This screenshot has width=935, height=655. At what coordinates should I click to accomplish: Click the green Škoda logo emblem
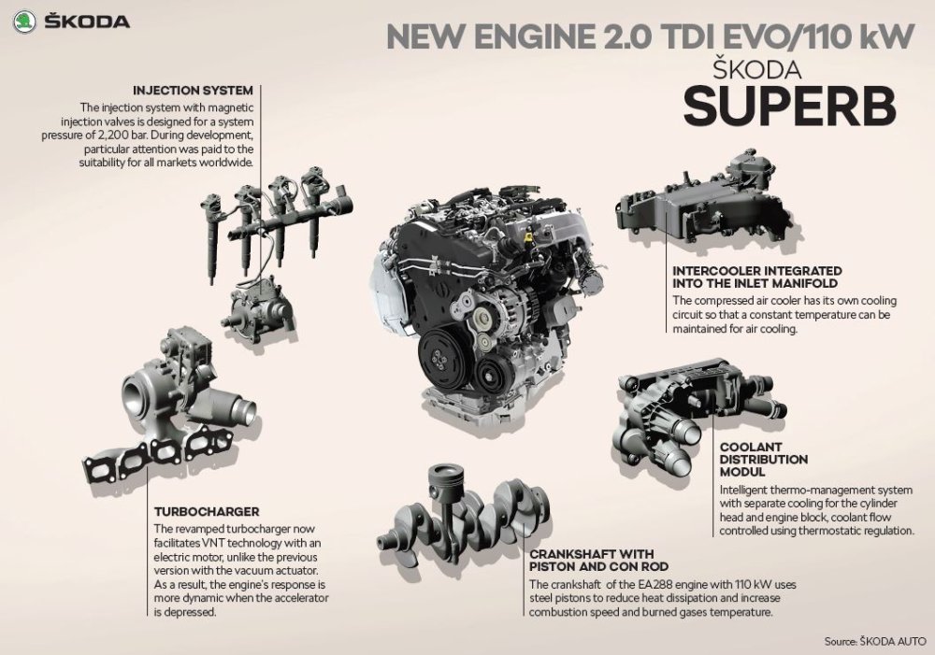click(24, 22)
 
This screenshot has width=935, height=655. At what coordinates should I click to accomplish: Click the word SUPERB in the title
click(790, 106)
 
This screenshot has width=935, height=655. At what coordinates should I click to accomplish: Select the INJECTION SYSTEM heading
click(194, 91)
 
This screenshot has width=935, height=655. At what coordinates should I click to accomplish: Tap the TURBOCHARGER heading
click(207, 511)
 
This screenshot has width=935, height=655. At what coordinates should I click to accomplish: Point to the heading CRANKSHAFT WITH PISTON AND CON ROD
click(598, 561)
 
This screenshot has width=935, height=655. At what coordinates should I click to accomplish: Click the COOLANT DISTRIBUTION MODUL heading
click(763, 459)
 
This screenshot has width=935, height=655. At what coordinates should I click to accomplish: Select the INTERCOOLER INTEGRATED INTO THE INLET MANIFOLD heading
click(757, 278)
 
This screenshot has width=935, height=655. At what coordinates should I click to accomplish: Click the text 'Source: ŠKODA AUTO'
click(875, 641)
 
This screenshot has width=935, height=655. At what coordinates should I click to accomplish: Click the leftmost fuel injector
click(210, 237)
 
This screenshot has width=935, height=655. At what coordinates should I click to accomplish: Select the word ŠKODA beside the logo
click(87, 22)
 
